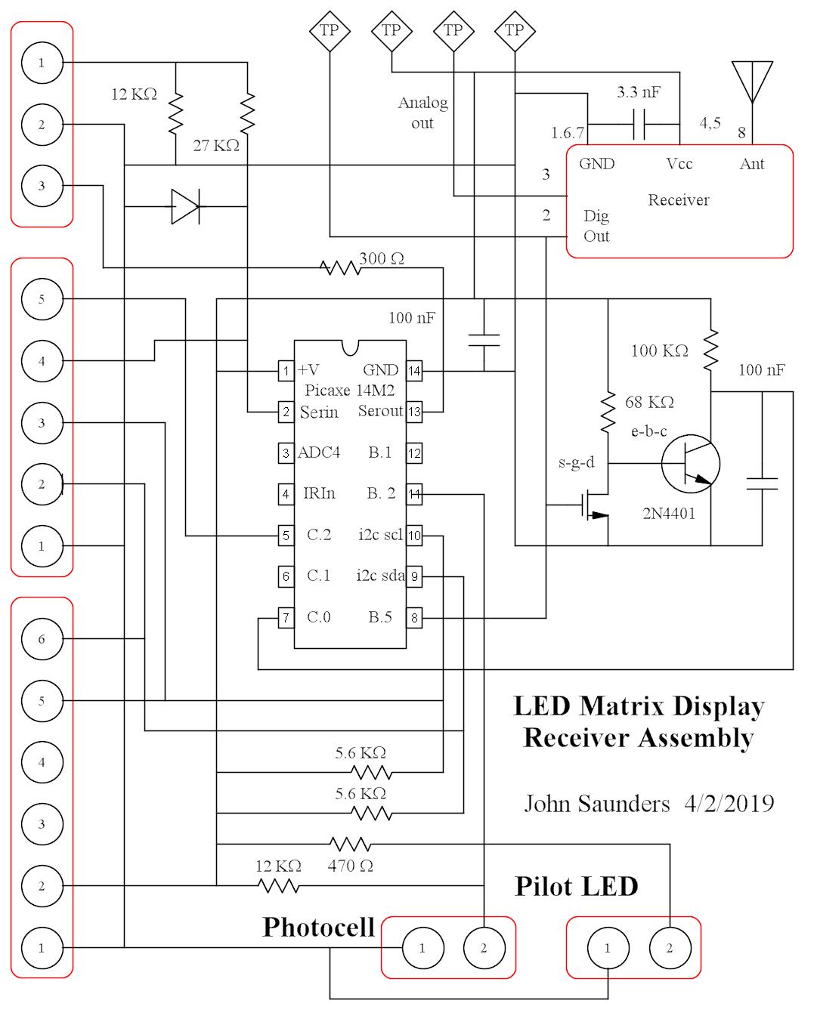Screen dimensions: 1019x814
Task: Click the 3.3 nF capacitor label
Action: (x=638, y=93)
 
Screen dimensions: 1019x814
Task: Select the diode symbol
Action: (x=185, y=206)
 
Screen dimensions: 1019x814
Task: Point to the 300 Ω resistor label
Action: (x=382, y=258)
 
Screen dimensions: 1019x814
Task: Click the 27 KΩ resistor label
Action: (x=216, y=145)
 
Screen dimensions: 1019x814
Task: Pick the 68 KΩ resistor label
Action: (x=649, y=402)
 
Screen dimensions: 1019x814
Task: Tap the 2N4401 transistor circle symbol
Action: (x=690, y=464)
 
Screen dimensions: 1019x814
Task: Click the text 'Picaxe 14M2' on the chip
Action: (x=349, y=391)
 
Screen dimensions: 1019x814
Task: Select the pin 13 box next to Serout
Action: (x=414, y=412)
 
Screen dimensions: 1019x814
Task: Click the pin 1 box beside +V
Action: (x=286, y=371)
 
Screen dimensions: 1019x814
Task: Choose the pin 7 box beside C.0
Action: (x=286, y=618)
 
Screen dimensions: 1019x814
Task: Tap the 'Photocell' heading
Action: (x=318, y=927)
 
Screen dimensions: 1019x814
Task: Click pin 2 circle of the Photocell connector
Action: (x=484, y=948)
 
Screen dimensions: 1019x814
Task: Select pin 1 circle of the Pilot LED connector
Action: (x=607, y=948)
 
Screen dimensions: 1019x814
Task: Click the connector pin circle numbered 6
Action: (x=42, y=639)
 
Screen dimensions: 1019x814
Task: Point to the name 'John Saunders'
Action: (x=597, y=803)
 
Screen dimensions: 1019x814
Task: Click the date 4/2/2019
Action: (x=729, y=803)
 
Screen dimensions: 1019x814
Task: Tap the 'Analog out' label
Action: (x=422, y=113)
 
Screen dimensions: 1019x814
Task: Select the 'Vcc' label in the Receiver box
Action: (x=679, y=164)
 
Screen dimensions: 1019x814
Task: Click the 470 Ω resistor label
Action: (x=350, y=866)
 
